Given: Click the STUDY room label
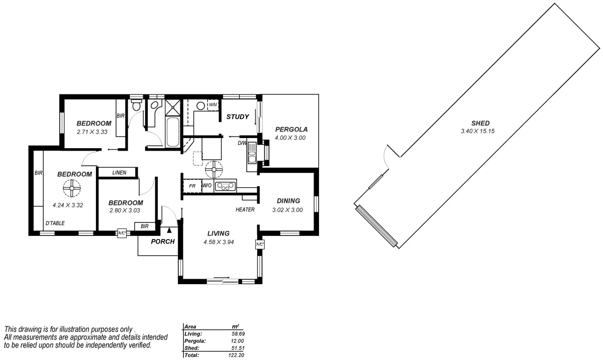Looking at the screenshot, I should pos(237,117).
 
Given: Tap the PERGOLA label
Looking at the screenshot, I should pos(291,130).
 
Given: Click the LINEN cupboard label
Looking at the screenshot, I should pos(119,173).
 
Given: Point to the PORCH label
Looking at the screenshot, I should pos(163,242).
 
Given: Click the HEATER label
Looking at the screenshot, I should pos(245,210).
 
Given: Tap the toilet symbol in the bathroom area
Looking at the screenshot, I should pos(136,106).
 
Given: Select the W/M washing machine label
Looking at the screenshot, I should pos(213,104).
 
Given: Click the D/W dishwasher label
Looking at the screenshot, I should pos(242,143).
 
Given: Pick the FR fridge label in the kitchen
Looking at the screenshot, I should pos(192,186).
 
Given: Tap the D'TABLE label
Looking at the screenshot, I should pos(55,223).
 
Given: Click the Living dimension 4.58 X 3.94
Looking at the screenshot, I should pos(219,242).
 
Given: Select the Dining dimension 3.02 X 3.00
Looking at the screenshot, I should pos(287,210).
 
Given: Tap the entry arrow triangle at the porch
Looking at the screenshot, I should pos(169,230).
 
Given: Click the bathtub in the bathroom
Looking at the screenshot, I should pos(172,132).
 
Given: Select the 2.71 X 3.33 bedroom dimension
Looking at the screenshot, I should pos(93,132).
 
